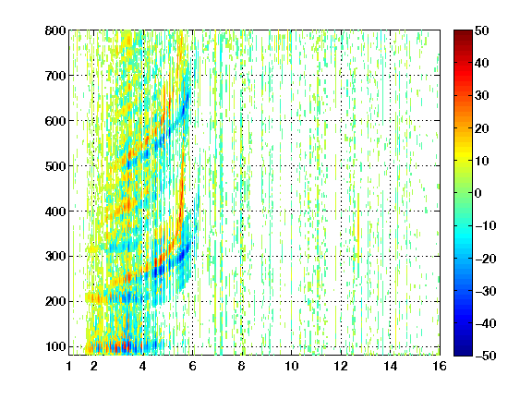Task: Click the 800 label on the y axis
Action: tap(55, 30)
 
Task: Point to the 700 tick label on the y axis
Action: tap(55, 76)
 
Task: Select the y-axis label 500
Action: tap(55, 166)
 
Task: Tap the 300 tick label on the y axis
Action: tap(55, 257)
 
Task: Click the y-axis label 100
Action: tap(55, 346)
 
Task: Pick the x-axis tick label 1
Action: tap(69, 366)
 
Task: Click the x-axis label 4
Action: tap(143, 366)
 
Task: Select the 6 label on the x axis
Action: tap(193, 366)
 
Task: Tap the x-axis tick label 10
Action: tap(292, 366)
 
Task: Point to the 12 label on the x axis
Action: tap(341, 366)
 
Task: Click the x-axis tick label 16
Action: tap(440, 366)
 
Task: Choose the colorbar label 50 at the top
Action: tap(481, 30)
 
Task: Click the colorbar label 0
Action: tap(478, 193)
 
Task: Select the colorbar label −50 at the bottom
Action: tap(486, 356)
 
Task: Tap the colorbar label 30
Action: tap(481, 96)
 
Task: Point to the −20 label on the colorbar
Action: tap(486, 259)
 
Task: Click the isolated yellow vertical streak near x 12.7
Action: tap(358, 227)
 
